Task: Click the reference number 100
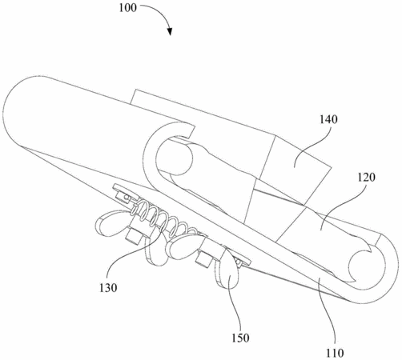[x=127, y=8]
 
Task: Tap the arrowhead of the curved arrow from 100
[x=170, y=31]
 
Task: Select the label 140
[x=328, y=119]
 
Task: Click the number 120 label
[x=367, y=178]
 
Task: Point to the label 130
[x=108, y=288]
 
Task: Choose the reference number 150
[x=240, y=338]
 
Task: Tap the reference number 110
[x=335, y=353]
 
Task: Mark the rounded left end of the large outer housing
[x=8, y=112]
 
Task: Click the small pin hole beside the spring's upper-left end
[x=126, y=198]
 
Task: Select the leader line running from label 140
[x=311, y=146]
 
